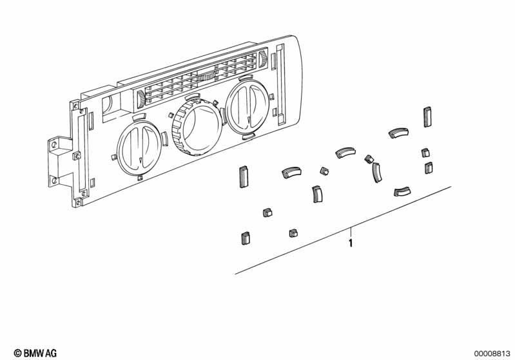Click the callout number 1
tap(350, 243)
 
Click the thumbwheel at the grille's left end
tap(141, 99)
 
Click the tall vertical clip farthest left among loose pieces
tap(244, 174)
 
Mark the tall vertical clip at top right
tap(427, 117)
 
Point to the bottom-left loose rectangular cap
tap(245, 238)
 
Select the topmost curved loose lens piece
tap(397, 133)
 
